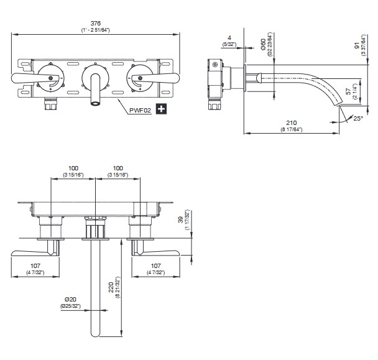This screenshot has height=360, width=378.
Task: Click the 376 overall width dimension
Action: click(96, 24)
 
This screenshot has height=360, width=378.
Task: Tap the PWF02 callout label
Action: click(140, 111)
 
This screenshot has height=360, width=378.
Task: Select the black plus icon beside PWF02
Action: click(161, 109)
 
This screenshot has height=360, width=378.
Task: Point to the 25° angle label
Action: click(358, 118)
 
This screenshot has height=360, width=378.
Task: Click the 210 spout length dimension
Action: click(291, 122)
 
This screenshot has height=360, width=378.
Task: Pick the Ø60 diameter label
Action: click(263, 44)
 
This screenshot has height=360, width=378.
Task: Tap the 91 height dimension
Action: click(357, 45)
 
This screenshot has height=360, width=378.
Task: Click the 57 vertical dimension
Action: click(349, 91)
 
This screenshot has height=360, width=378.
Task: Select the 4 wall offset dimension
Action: click(229, 37)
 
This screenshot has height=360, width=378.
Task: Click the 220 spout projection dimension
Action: click(111, 287)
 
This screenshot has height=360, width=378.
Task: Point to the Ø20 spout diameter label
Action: click(70, 299)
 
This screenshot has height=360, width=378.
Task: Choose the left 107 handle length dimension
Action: click(35, 265)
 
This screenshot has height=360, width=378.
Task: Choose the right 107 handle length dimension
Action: click(155, 265)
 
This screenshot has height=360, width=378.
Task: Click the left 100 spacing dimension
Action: click(73, 168)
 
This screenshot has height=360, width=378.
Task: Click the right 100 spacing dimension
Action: click(118, 168)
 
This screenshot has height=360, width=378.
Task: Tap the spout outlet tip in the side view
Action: click(338, 103)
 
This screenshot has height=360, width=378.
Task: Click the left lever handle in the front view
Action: click(35, 78)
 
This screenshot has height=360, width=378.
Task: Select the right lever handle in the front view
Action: click(155, 78)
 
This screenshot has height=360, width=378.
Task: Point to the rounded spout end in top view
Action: click(95, 334)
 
